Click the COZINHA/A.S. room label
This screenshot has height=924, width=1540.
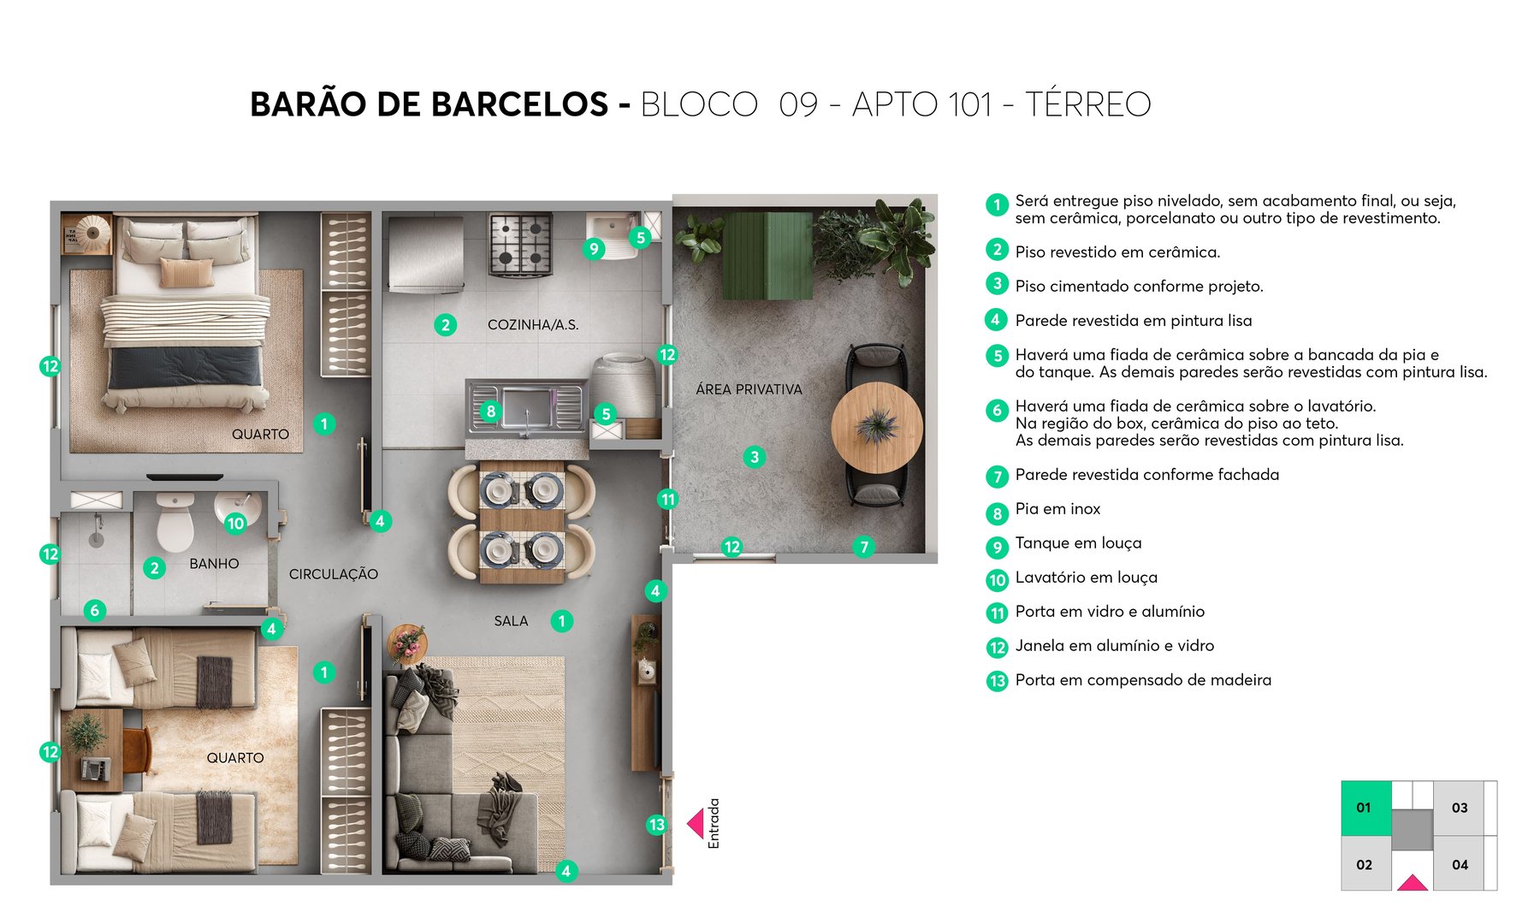[x=532, y=325]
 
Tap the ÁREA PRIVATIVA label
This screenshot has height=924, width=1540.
[x=749, y=389]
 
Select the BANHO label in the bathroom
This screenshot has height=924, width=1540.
[x=214, y=564]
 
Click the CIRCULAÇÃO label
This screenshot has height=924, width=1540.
[x=333, y=574]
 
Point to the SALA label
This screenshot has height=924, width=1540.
[x=511, y=621]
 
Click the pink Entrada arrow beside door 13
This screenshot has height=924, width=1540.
[x=696, y=824]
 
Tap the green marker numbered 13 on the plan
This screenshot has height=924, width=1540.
[x=656, y=825]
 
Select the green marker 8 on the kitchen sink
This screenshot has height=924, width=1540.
[x=490, y=412]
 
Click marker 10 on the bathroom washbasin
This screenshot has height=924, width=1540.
[x=235, y=523]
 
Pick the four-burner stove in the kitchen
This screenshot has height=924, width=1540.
[x=520, y=243]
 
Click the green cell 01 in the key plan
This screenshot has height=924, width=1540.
[x=1365, y=808]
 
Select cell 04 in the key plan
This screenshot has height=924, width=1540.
[x=1460, y=865]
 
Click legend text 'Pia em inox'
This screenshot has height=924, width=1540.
[x=1057, y=509]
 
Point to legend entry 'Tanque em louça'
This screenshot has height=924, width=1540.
[x=1078, y=543]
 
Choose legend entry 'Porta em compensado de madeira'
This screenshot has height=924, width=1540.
[x=1143, y=680]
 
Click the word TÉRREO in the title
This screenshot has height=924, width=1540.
[x=1087, y=104]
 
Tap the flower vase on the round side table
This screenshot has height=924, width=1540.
[x=407, y=643]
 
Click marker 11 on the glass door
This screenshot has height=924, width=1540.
[x=667, y=499]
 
